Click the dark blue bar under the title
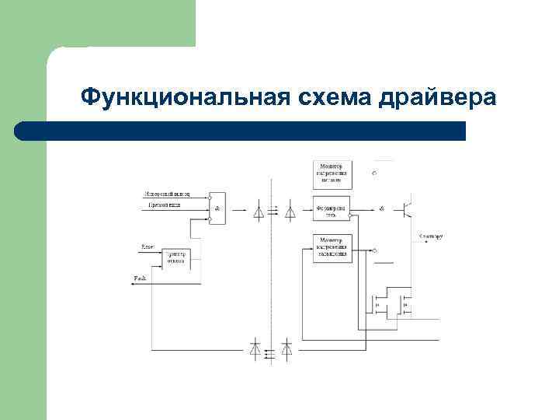click(x=241, y=131)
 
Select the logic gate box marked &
click(x=217, y=208)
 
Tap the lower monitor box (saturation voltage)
click(x=332, y=248)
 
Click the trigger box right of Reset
click(x=176, y=258)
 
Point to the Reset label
click(x=148, y=247)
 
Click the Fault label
click(x=141, y=278)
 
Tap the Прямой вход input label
click(x=164, y=205)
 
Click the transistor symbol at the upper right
click(x=406, y=208)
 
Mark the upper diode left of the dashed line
click(x=259, y=210)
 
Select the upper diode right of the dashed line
click(x=290, y=210)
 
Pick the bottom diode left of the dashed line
click(x=255, y=348)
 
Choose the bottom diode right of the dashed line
click(x=286, y=348)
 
